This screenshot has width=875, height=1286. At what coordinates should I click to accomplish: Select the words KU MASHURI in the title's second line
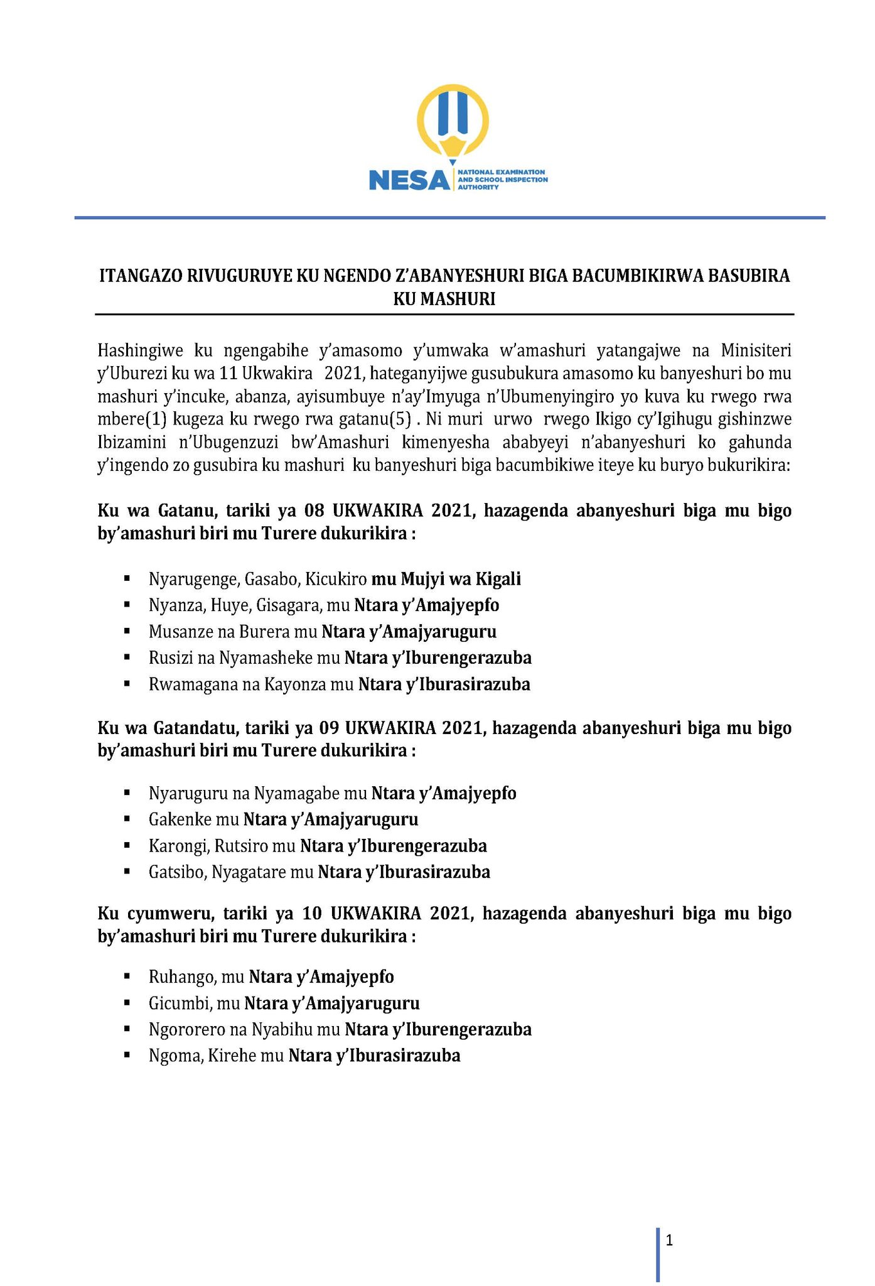(x=444, y=300)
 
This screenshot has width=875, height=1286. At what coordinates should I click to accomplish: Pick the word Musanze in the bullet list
(x=176, y=632)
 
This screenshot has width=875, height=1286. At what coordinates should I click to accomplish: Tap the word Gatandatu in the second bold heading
(x=195, y=728)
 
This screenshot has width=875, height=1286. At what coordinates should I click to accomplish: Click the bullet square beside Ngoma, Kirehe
(x=127, y=1056)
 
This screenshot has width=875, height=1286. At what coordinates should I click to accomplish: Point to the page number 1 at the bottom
(x=669, y=1240)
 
